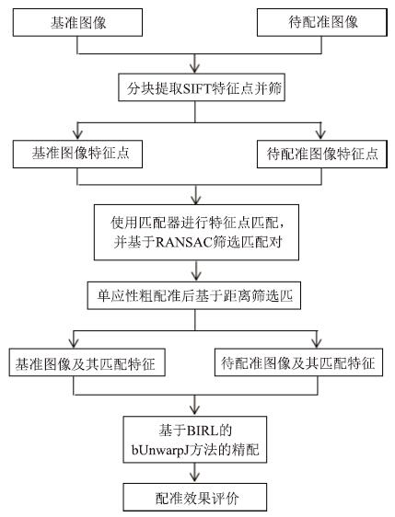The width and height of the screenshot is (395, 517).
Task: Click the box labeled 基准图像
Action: [x=77, y=22]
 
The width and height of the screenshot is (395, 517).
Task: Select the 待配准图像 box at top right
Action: [x=321, y=22]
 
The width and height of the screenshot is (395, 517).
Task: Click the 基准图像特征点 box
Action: [x=77, y=154]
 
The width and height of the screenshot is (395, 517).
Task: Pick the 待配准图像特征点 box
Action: [x=321, y=154]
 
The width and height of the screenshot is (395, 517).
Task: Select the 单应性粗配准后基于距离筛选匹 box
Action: [x=194, y=295]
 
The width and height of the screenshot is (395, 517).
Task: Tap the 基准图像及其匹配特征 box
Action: [x=87, y=362]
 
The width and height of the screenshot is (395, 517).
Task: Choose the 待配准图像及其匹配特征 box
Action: [x=298, y=362]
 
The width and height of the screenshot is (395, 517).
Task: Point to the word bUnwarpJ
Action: [x=162, y=450]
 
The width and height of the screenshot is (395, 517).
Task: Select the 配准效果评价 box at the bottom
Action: [x=194, y=498]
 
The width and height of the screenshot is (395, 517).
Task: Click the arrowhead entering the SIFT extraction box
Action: [x=195, y=68]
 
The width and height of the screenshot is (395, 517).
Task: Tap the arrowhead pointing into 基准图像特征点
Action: [x=77, y=134]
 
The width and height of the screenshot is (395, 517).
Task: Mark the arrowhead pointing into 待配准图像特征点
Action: [x=320, y=134]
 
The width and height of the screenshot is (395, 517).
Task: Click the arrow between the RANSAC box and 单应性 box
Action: [x=196, y=270]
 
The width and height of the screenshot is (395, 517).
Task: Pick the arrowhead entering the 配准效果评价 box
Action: [x=194, y=477]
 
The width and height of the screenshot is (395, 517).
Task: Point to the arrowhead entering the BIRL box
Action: [x=195, y=410]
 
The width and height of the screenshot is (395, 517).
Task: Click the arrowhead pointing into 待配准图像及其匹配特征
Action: [x=317, y=343]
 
